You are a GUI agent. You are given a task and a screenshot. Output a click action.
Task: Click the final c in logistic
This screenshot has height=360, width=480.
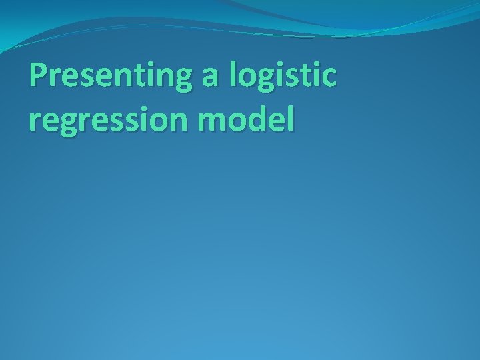329,80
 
